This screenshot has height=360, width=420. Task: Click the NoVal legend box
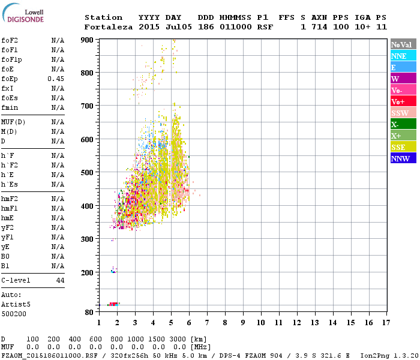pyautogui.click(x=403, y=44)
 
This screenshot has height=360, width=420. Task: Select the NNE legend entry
pyautogui.click(x=403, y=56)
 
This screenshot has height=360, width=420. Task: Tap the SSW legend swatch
pyautogui.click(x=403, y=113)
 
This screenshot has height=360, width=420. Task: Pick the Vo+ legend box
pyautogui.click(x=403, y=101)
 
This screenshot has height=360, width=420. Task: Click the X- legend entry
pyautogui.click(x=403, y=124)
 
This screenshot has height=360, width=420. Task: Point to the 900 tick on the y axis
pyautogui.click(x=88, y=40)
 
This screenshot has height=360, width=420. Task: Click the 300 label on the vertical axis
pyautogui.click(x=88, y=239)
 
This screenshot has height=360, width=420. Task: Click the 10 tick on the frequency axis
pyautogui.click(x=260, y=322)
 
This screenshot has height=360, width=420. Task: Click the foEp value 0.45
pyautogui.click(x=56, y=79)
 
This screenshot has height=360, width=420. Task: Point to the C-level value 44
pyautogui.click(x=60, y=280)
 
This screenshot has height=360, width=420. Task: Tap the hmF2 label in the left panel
pyautogui.click(x=10, y=199)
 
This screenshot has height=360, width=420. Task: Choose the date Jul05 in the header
pyautogui.click(x=168, y=27)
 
